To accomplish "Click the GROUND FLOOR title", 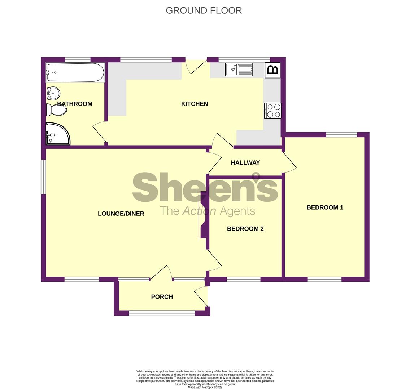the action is tap(204, 10).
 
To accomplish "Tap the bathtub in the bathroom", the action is tap(75, 72).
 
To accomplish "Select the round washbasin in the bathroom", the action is tap(53, 93).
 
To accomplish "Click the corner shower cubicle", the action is tap(58, 134).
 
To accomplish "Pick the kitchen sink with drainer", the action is tap(239, 70).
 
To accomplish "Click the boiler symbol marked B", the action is tap(273, 70).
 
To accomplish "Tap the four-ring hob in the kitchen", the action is tap(272, 111).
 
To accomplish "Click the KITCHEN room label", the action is tap(195, 104).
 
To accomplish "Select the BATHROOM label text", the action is tap(75, 104).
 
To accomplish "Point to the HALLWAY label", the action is tap(245, 163).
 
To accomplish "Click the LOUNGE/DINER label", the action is tap(121, 214).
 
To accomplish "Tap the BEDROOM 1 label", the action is tap(325, 207).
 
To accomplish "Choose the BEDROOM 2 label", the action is tap(245, 229).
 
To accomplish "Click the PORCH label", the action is tap(162, 297).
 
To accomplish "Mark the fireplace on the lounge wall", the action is tap(204, 214).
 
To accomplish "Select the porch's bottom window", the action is tap(162, 313).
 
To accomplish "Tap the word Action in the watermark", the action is tap(199, 211).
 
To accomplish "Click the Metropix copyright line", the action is tap(205, 388).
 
